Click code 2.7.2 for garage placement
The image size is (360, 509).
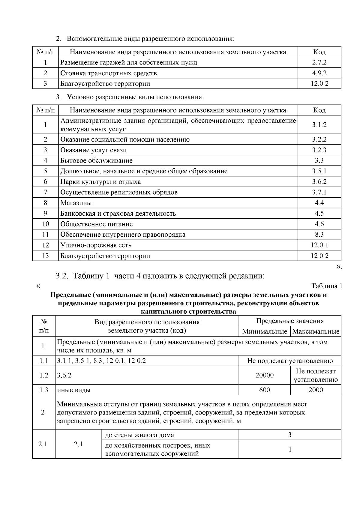pos(319,62)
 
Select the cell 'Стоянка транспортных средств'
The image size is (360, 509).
pos(109,73)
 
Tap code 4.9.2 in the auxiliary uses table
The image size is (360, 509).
pos(319,73)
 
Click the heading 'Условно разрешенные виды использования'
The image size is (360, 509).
pos(135,97)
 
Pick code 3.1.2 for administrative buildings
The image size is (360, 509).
pos(319,125)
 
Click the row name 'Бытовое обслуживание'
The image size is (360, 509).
pos(96,160)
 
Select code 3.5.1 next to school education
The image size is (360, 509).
pos(319,171)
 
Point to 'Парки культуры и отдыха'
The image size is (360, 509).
pos(100,182)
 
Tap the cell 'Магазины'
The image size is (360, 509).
pos(76,203)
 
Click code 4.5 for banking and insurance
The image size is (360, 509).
pos(319,214)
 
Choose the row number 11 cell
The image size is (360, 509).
pos(46,235)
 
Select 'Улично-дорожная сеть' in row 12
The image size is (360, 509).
pos(96,245)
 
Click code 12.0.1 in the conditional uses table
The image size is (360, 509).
pos(319,245)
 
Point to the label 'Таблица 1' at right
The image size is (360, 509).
pos(327,286)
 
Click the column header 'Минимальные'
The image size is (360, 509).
pos(265,331)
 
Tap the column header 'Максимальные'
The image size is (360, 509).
pos(316,331)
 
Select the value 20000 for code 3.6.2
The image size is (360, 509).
pos(265,375)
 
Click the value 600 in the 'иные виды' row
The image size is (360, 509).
pos(265,390)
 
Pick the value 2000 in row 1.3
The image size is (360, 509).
pos(316,390)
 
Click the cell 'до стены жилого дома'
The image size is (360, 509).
pos(139,435)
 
